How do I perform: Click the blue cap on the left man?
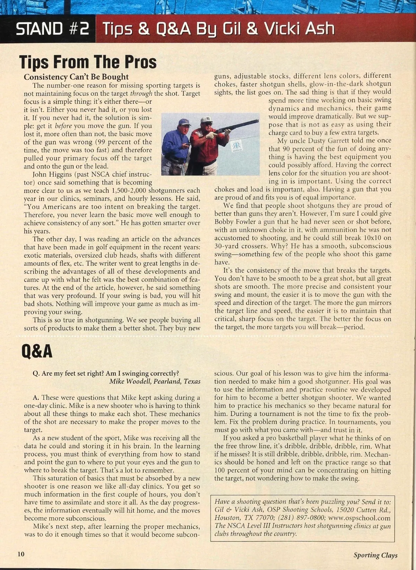tap(184, 122)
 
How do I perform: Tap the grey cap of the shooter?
tap(206, 120)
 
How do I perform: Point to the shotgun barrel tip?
tap(257, 121)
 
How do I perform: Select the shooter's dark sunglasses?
tap(208, 124)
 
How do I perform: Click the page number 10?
tap(21, 554)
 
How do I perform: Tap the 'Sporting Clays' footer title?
tap(375, 555)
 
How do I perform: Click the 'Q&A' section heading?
tap(37, 352)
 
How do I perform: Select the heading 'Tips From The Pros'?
tap(88, 62)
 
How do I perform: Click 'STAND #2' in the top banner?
tap(52, 29)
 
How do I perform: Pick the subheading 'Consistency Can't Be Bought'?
tap(76, 77)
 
